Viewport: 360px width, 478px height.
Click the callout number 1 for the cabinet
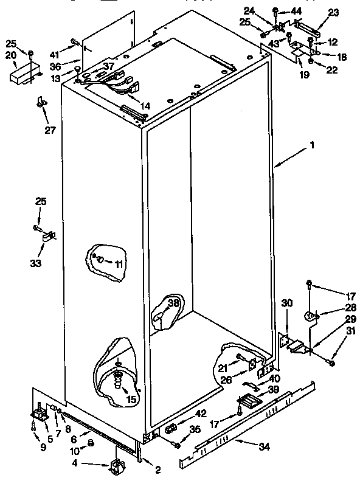click(312, 146)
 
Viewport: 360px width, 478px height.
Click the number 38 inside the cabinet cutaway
click(173, 302)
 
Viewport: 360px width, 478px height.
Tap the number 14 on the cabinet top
click(145, 106)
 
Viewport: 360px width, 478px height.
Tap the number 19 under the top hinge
click(303, 75)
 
